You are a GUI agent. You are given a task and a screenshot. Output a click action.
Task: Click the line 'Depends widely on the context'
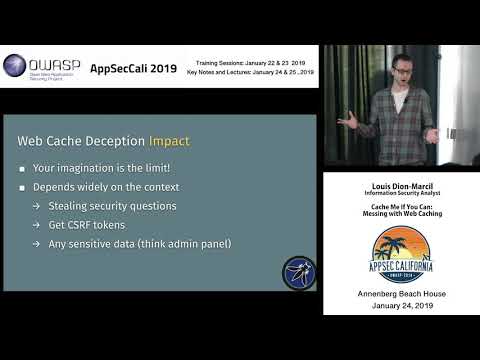108,188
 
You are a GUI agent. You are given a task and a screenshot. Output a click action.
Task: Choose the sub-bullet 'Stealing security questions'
127,206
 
